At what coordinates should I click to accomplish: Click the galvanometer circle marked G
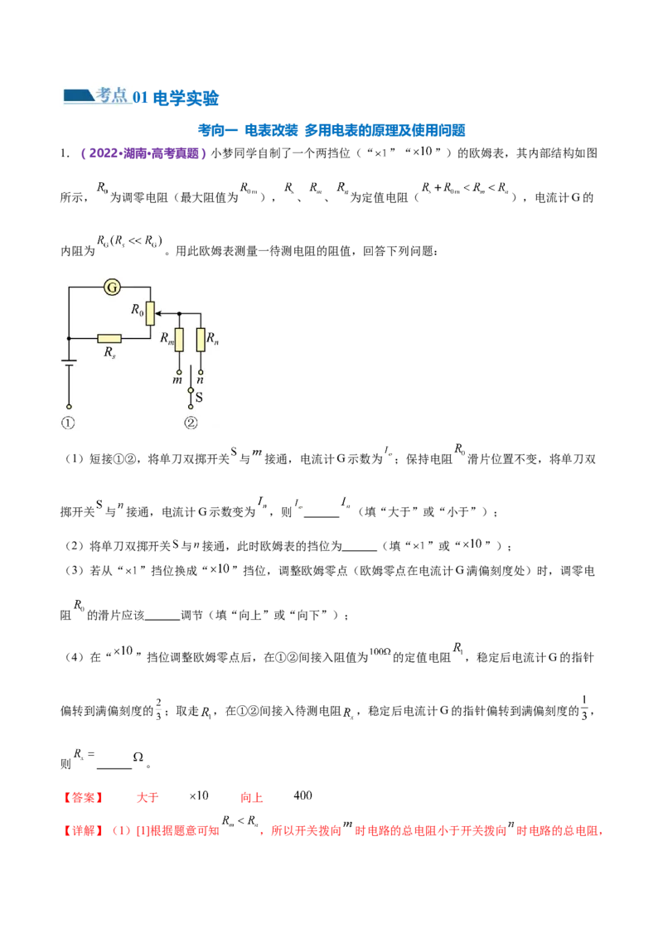click(113, 288)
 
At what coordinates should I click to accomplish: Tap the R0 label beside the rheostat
click(138, 310)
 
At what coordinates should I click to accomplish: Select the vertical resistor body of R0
click(150, 313)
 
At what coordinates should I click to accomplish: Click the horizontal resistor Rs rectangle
click(109, 338)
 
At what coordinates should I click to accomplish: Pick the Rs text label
click(109, 353)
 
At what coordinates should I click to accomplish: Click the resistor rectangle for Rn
click(201, 340)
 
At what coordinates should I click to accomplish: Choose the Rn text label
click(212, 338)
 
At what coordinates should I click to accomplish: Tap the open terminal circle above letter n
click(201, 370)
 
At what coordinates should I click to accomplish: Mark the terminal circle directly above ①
click(69, 407)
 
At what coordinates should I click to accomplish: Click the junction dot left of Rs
click(69, 338)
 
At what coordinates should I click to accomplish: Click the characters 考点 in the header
click(111, 95)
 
